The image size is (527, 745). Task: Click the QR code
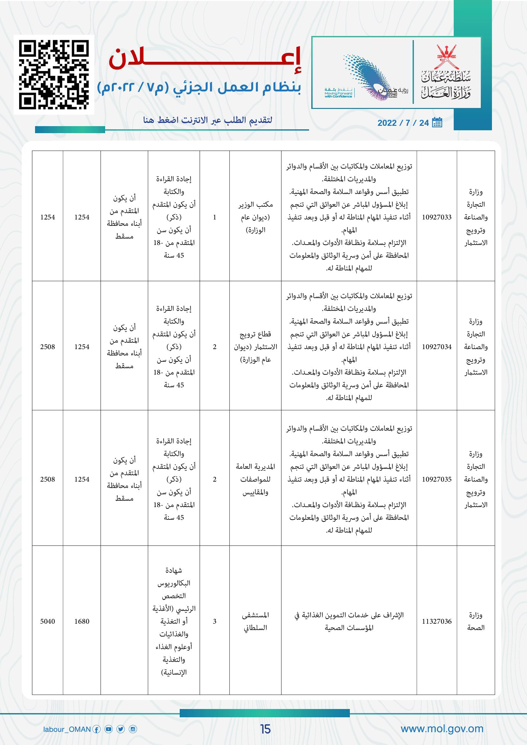point(54,74)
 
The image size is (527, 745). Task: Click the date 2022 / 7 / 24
point(403,123)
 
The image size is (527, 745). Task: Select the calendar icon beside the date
point(437,122)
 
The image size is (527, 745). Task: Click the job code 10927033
point(437,218)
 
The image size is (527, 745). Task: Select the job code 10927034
point(437,347)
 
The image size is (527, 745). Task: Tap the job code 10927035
point(437,479)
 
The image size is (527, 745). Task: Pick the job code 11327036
point(437,621)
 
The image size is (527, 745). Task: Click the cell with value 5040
point(47,621)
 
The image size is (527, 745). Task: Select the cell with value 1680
point(82,621)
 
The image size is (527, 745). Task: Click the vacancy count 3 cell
point(214,621)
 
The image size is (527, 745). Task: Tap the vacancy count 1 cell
point(214,218)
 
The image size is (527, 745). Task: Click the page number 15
point(265,729)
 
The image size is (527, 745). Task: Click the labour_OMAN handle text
point(67,729)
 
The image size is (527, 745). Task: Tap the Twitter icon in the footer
point(121,729)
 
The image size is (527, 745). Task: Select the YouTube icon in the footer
point(109,729)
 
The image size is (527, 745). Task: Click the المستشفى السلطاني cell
point(256,621)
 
